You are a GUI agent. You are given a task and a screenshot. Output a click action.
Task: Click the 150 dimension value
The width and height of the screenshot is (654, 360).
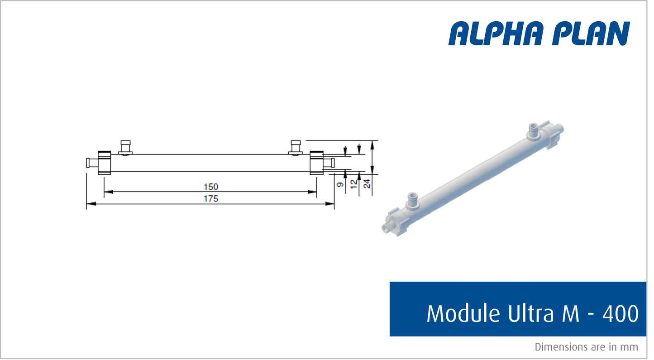click(x=211, y=187)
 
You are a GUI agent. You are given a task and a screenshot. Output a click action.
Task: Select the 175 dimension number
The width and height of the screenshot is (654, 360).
click(x=211, y=198)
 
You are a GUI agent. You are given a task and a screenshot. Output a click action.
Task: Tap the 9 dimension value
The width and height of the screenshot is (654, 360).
click(x=340, y=184)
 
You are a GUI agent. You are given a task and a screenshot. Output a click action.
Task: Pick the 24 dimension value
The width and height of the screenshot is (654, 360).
click(x=367, y=184)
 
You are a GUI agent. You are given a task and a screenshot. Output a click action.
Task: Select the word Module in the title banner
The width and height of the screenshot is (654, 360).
click(x=457, y=313)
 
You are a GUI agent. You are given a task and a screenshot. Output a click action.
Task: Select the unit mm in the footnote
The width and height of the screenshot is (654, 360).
click(x=630, y=347)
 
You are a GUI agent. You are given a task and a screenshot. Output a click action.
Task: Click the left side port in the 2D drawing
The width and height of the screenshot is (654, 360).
click(x=125, y=148)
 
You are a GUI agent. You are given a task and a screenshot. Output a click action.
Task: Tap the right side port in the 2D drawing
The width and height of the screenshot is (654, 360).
click(x=296, y=148)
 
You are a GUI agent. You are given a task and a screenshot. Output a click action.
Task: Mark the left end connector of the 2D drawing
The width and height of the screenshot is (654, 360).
click(x=92, y=163)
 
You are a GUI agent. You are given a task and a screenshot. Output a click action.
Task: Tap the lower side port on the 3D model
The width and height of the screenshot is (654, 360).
click(x=413, y=200)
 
